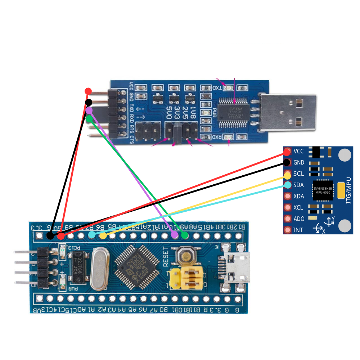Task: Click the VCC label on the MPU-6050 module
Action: click(299, 151)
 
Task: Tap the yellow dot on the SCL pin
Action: click(287, 176)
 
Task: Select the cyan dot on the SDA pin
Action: click(287, 185)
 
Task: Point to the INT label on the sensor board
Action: click(298, 230)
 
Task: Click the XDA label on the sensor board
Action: click(298, 196)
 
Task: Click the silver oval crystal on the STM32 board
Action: click(99, 270)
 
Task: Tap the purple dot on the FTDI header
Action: click(89, 110)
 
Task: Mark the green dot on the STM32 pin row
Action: click(185, 235)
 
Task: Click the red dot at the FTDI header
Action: click(88, 91)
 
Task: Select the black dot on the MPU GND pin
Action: click(287, 162)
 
